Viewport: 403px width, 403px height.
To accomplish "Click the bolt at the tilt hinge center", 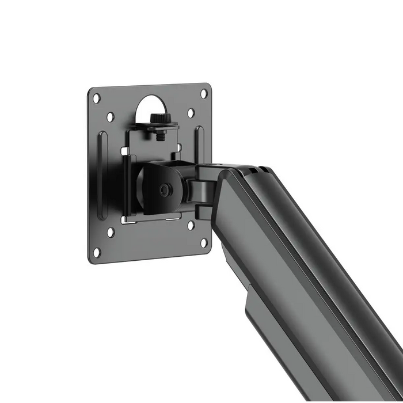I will click(166, 188).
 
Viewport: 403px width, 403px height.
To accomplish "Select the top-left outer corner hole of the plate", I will click(97, 98).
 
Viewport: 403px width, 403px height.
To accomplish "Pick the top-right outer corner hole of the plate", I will click(203, 93).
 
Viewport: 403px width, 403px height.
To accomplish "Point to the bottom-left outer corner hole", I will click(97, 252).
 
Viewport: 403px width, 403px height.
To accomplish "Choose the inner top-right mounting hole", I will click(191, 113).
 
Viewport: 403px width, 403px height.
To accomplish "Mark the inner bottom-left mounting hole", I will click(111, 232).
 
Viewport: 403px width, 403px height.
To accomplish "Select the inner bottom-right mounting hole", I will click(191, 225).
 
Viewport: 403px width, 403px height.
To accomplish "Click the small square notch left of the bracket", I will click(124, 151).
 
